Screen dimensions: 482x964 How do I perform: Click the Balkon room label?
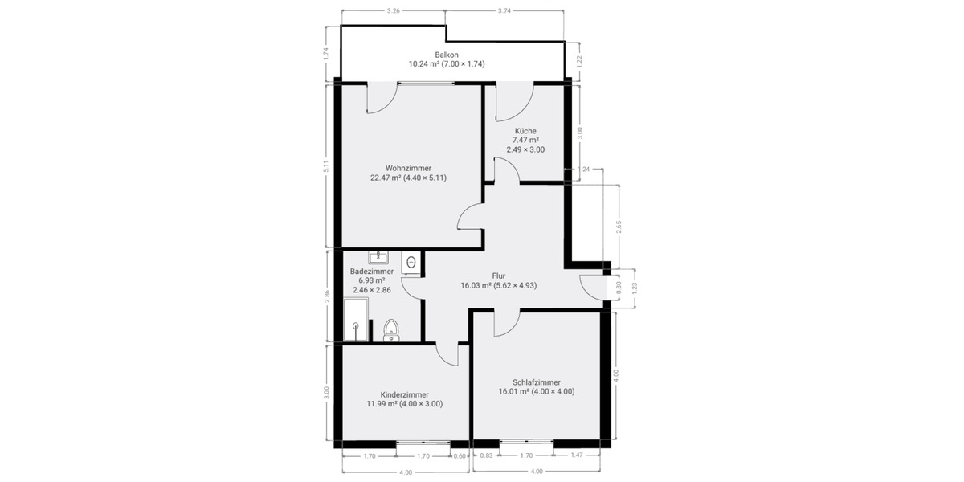[x=447, y=55]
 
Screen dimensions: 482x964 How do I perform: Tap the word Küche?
[x=525, y=131]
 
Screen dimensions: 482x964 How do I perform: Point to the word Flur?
[x=498, y=276]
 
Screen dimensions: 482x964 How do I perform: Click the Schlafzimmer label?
[x=536, y=382]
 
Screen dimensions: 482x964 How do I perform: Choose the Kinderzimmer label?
[x=404, y=394]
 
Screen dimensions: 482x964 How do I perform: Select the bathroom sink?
[x=378, y=258]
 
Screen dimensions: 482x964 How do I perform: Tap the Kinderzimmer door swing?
[x=446, y=354]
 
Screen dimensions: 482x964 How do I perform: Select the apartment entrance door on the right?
[x=592, y=288]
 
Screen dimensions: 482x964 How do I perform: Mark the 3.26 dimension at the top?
[x=394, y=11]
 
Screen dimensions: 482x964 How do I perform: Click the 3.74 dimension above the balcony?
[x=504, y=11]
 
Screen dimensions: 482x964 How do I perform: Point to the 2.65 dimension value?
[x=619, y=227]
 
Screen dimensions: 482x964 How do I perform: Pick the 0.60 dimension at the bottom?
[x=460, y=456]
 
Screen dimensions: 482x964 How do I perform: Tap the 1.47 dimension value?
[x=577, y=456]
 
